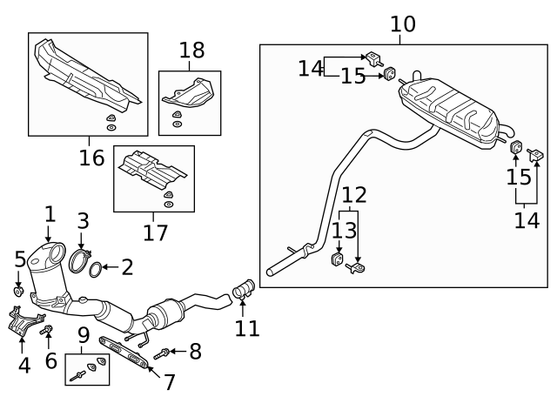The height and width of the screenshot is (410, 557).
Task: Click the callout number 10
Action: (403, 24)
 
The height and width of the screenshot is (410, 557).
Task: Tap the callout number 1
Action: (50, 213)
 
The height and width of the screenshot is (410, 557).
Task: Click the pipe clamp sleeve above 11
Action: (244, 289)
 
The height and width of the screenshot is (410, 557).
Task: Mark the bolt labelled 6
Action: (48, 330)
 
